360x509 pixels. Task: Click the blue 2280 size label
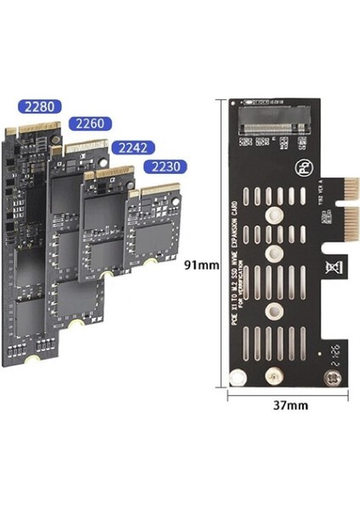pos(41,108)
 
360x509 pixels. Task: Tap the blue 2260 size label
pos(89,124)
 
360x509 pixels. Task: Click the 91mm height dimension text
pos(202,265)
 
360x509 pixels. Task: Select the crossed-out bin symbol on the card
pos(330,270)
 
